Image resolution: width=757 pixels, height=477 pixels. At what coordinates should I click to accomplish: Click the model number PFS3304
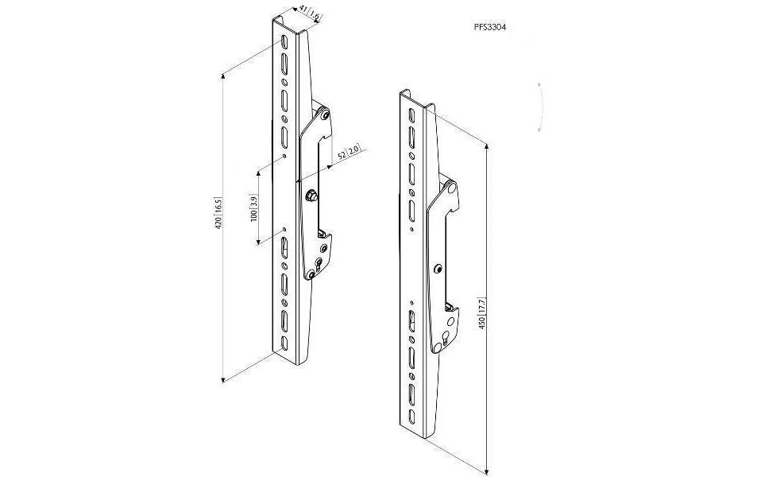490,28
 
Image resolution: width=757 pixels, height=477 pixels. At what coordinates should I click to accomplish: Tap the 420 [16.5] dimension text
218,212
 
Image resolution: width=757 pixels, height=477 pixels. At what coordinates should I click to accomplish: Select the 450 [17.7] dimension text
482,314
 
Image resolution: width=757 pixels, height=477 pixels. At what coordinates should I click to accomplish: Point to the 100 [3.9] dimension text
254,208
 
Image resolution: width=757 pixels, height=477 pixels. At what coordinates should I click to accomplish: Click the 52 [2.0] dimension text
348,153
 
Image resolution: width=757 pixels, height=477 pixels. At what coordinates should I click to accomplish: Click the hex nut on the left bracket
311,196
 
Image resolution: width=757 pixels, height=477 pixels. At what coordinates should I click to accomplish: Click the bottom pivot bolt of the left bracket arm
311,275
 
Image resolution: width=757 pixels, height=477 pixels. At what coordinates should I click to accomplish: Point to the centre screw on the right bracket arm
438,269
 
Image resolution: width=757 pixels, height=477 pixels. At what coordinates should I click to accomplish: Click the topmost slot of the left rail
284,42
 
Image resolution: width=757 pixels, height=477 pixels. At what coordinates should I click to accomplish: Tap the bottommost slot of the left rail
284,344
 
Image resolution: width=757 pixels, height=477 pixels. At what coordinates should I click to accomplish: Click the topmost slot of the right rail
411,114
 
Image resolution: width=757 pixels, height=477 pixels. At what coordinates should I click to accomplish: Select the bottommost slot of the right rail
411,417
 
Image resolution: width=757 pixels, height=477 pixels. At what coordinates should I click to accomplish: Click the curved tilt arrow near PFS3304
541,107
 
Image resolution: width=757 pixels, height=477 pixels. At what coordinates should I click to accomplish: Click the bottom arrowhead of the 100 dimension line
258,241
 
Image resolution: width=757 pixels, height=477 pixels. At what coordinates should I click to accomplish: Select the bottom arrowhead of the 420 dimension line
222,379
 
